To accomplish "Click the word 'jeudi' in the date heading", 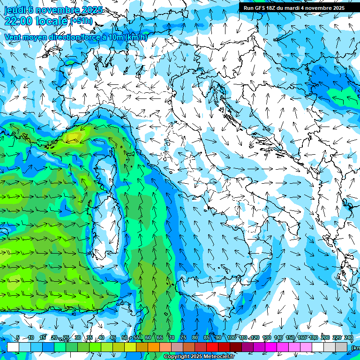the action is [15, 10].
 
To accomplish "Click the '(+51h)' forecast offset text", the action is [82, 21].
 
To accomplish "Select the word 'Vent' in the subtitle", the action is [13, 37].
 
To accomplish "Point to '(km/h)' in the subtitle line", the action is [136, 37].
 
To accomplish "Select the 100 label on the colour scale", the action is [232, 337].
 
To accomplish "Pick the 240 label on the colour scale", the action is [348, 337].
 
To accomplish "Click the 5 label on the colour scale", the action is [18, 337].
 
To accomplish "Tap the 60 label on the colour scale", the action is [148, 337].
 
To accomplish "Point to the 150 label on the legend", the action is [290, 337].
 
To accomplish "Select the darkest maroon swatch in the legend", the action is [236, 347].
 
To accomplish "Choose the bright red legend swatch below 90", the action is [212, 347].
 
